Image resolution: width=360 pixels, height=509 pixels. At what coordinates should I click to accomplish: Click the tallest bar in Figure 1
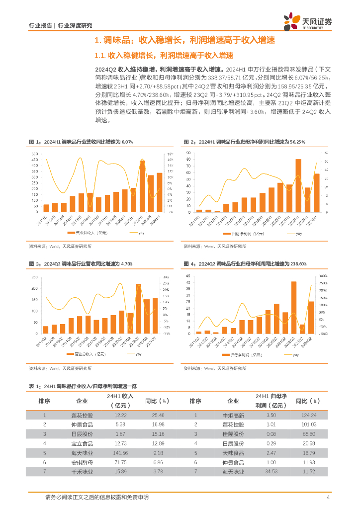click(142, 186)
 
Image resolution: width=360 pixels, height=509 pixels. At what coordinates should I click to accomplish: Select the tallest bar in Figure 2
click(298, 185)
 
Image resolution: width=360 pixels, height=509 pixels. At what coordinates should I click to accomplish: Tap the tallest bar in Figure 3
click(138, 308)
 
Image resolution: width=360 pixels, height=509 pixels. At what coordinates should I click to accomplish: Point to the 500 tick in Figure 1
click(35, 154)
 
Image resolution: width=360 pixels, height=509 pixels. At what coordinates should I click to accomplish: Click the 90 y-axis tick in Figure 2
click(188, 154)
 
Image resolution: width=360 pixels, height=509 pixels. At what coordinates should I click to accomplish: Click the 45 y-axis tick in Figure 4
click(188, 276)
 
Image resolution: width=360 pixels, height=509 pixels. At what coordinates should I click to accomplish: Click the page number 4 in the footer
click(328, 498)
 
